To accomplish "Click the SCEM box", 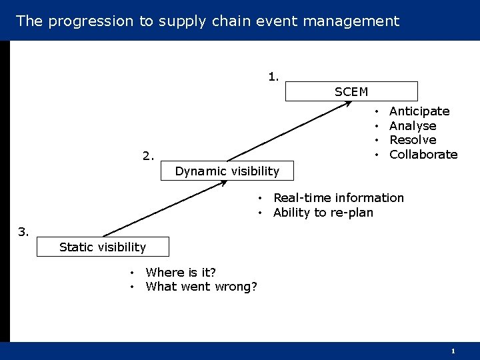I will (x=351, y=91).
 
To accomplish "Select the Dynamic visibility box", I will (x=227, y=171).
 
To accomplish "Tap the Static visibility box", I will (x=103, y=247).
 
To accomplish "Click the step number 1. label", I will (x=274, y=76).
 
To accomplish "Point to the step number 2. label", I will (x=148, y=157).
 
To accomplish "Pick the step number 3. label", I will (x=23, y=232).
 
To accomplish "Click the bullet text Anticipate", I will (x=419, y=111).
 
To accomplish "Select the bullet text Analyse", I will (x=413, y=126).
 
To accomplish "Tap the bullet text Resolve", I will (x=413, y=140).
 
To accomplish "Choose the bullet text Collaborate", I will (x=423, y=155).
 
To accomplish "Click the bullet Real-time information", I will (x=339, y=198).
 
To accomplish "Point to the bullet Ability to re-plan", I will (x=323, y=213).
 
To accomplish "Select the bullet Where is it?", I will (x=181, y=272).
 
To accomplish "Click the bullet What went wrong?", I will (x=201, y=287).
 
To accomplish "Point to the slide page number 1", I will (x=453, y=351).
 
